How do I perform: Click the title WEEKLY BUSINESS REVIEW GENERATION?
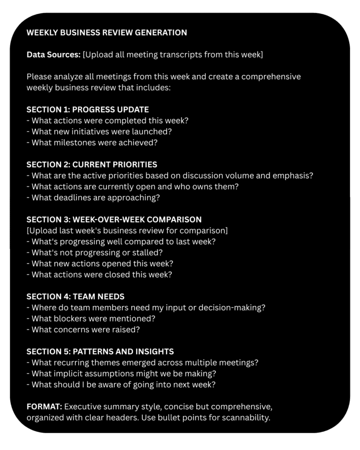107,32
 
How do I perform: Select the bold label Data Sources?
53,54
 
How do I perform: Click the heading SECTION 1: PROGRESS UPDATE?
88,109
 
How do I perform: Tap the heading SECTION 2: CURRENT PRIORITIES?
92,165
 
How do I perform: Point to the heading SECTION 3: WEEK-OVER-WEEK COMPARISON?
114,219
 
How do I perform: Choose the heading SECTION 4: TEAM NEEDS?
75,296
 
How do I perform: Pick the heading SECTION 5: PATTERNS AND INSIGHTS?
100,351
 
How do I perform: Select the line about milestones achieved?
92,142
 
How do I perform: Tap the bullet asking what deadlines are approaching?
93,197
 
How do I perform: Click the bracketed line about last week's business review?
127,230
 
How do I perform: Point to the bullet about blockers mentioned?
91,318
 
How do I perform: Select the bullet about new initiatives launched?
99,131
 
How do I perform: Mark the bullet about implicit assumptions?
122,374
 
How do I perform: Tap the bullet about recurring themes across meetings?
142,362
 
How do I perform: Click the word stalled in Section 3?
159,252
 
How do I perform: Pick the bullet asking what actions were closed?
99,274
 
